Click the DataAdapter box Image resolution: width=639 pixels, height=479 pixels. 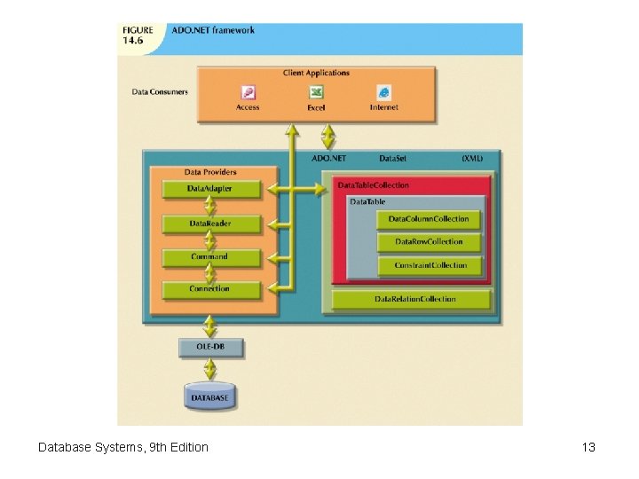(x=210, y=189)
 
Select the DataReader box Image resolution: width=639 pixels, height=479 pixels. (x=210, y=224)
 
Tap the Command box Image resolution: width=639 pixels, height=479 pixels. (x=210, y=257)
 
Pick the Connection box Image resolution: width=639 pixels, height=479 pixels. (x=210, y=289)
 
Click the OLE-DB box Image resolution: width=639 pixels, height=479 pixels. (x=209, y=348)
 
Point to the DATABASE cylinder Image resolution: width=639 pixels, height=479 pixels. (x=209, y=397)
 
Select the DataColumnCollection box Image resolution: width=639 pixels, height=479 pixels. (x=430, y=219)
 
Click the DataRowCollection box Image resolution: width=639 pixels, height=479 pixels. (x=430, y=242)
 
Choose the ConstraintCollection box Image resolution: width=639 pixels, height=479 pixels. (x=430, y=265)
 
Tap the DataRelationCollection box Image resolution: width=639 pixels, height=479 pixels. (x=411, y=300)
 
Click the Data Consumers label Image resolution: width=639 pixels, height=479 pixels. (x=160, y=91)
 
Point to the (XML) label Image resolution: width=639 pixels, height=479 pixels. (x=472, y=158)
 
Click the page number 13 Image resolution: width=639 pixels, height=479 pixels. (x=588, y=447)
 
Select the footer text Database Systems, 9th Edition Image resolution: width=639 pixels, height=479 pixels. (x=123, y=447)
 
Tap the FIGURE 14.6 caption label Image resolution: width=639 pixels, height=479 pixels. (x=138, y=35)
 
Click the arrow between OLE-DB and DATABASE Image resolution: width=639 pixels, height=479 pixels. (x=209, y=371)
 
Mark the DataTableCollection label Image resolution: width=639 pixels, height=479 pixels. (x=374, y=185)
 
